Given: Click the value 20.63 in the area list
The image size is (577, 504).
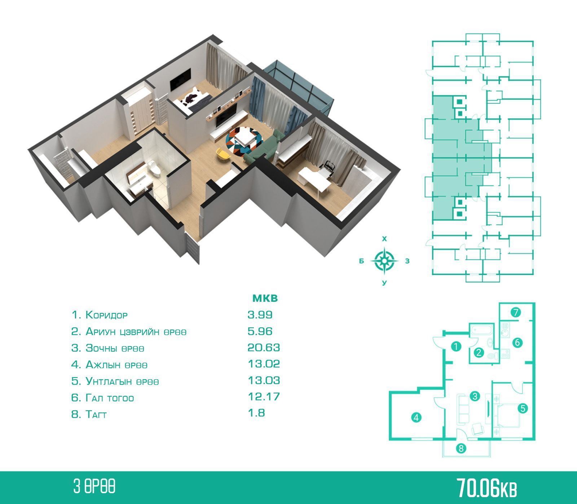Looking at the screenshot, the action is [263, 348].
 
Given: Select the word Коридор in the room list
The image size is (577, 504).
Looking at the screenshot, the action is [106, 315].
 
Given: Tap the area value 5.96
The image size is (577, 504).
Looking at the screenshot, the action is [260, 331].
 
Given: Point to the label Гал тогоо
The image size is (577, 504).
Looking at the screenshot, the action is [110, 398].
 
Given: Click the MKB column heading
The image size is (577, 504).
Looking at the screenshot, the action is [265, 299].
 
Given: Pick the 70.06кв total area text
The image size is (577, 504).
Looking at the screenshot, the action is [487, 488].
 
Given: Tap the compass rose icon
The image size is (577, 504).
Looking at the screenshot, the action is [384, 260].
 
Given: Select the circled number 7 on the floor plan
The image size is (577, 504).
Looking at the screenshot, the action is [516, 312].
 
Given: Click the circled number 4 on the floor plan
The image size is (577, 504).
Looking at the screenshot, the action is [416, 418].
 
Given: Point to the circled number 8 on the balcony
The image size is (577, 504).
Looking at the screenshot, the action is [461, 448].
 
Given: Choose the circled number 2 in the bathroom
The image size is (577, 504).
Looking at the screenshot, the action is [479, 352].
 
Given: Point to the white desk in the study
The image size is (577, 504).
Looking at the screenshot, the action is [314, 179].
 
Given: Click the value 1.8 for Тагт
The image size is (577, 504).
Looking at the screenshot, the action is [256, 413].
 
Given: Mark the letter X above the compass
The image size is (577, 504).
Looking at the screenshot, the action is [384, 239].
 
